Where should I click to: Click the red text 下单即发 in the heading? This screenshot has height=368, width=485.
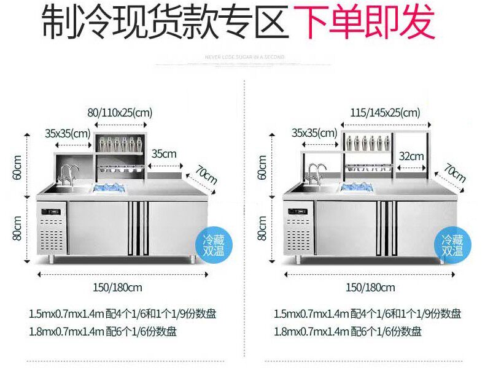point(365,23)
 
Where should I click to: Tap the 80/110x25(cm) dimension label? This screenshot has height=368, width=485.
point(120,112)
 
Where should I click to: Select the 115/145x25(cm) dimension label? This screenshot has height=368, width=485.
point(385,112)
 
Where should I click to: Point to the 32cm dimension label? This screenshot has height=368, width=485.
point(411,156)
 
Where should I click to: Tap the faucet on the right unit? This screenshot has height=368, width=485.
point(317,174)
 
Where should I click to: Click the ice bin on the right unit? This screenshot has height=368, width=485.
point(360,187)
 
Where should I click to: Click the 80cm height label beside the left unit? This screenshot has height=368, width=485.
point(18,228)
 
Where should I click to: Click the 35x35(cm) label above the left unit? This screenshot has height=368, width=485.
point(68,132)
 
